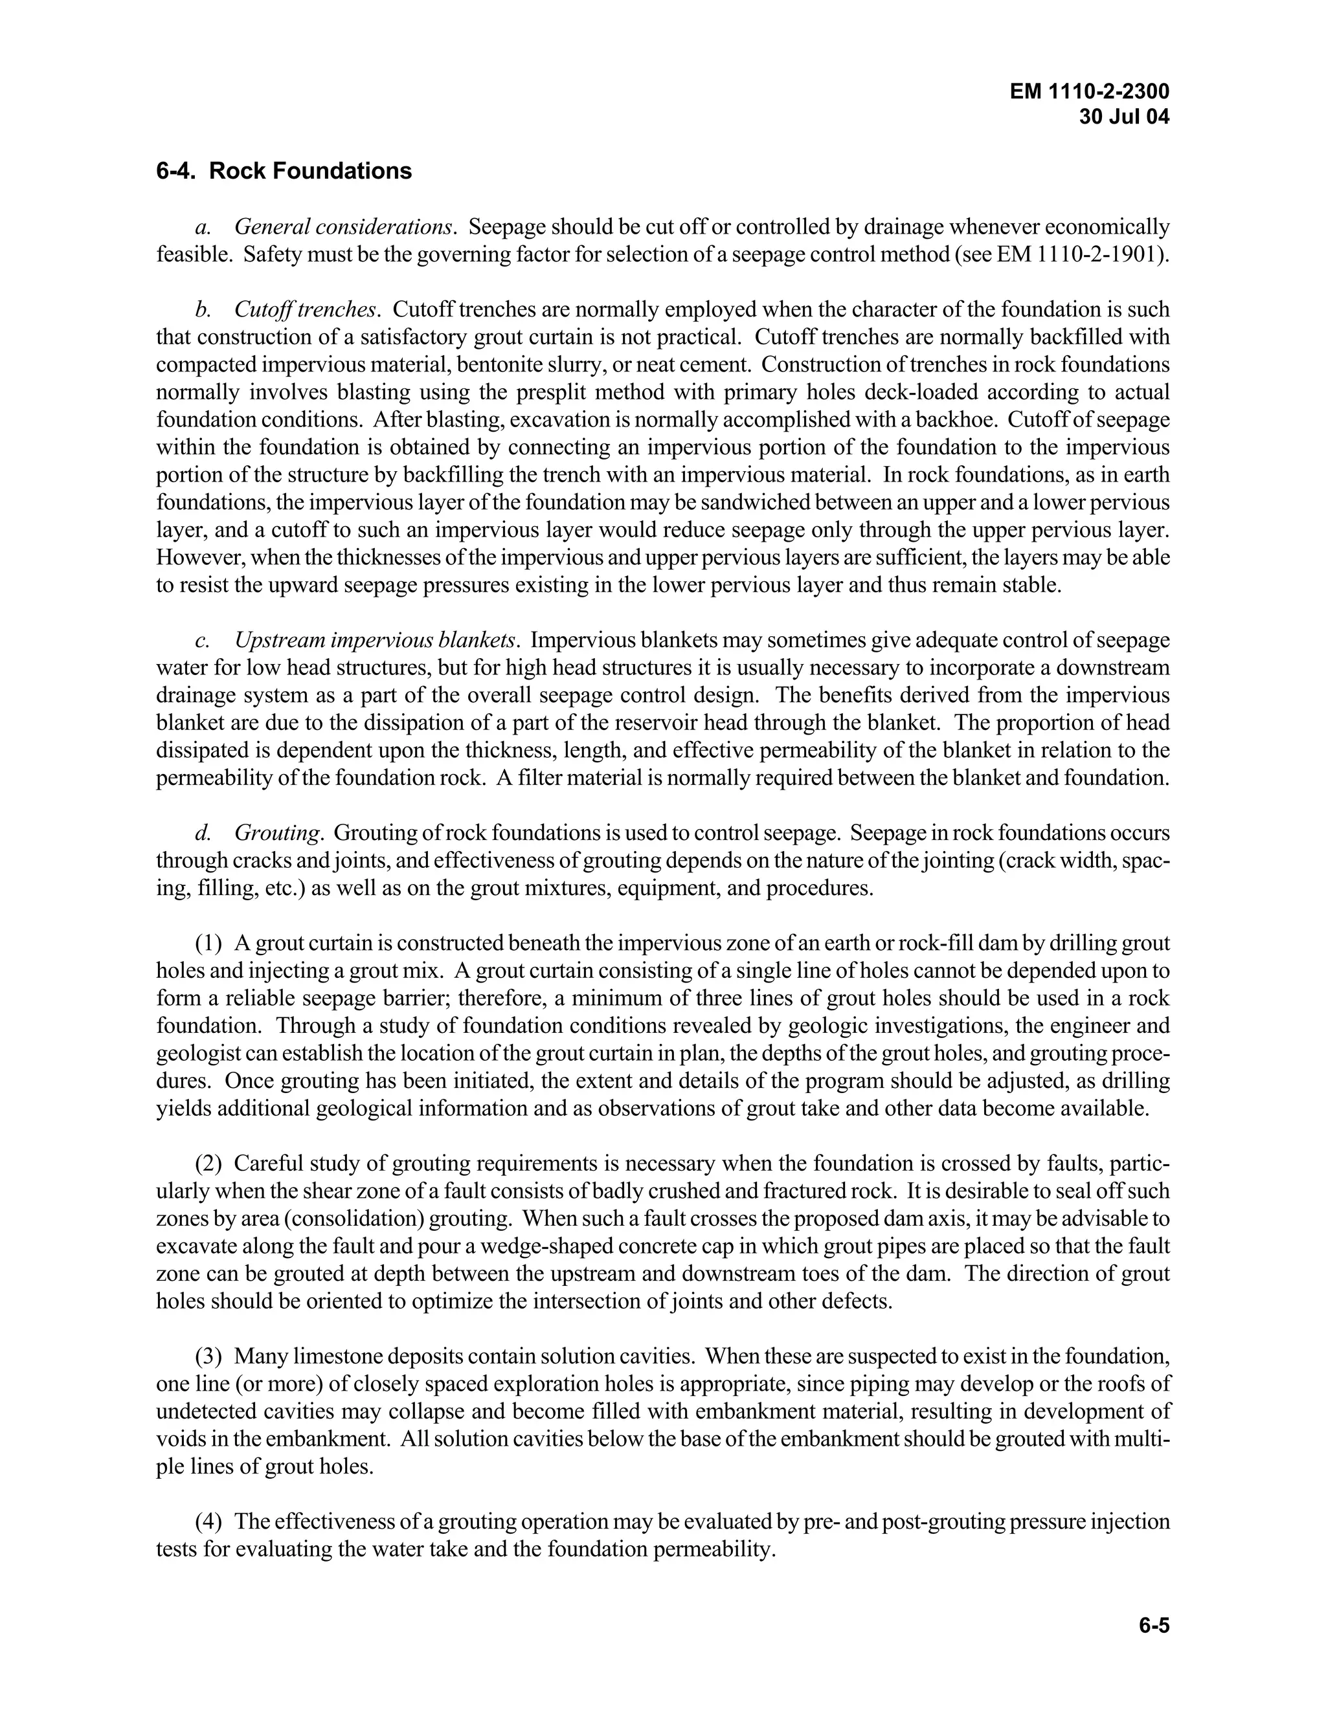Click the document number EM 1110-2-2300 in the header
(1090, 92)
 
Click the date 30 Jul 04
(1124, 117)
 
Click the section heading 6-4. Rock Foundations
(284, 171)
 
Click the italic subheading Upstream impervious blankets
(376, 640)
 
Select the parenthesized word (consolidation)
(400, 1219)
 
